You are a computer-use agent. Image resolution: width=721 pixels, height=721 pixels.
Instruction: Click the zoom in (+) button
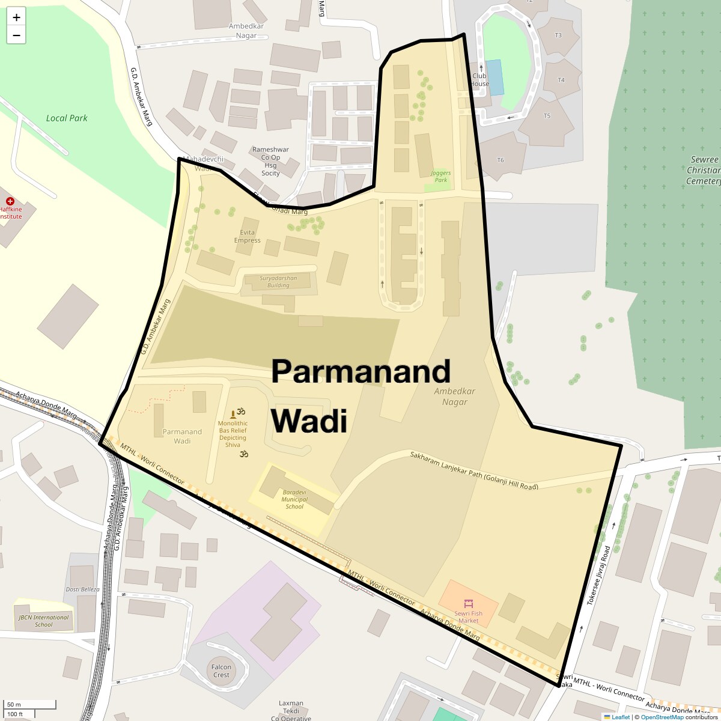click(16, 17)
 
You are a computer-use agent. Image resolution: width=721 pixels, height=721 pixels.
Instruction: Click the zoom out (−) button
click(16, 35)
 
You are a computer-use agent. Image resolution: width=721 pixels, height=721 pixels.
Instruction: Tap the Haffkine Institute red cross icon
click(10, 201)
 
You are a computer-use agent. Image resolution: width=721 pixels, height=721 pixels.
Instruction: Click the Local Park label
click(67, 118)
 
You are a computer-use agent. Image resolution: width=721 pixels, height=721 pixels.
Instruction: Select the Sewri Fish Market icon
click(468, 603)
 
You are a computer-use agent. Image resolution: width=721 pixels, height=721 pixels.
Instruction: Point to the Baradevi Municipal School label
click(294, 499)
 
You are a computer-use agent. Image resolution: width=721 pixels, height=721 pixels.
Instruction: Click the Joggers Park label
click(441, 176)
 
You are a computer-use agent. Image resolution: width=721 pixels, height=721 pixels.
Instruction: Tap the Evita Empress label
click(248, 236)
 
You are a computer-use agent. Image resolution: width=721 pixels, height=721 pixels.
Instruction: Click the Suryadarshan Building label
click(278, 282)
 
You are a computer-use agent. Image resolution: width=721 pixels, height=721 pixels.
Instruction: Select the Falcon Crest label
click(221, 671)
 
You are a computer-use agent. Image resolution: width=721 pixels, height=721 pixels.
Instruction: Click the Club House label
click(479, 80)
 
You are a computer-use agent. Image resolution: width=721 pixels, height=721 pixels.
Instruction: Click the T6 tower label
click(500, 160)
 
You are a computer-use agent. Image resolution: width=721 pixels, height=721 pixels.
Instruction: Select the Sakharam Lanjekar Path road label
click(474, 470)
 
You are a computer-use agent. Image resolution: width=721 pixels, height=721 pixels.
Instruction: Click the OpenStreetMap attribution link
click(662, 717)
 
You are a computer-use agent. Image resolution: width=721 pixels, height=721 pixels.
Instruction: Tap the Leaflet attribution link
click(620, 717)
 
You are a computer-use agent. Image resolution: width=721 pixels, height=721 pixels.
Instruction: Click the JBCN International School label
click(43, 621)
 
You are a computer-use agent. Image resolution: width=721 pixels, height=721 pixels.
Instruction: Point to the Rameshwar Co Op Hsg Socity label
click(270, 161)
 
